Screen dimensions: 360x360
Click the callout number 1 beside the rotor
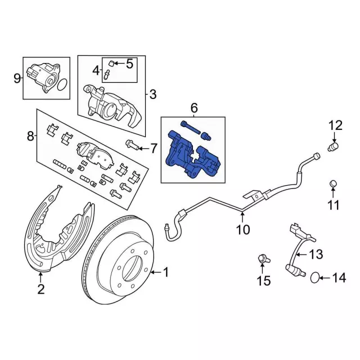[165, 272]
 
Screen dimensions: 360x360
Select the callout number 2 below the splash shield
[40, 290]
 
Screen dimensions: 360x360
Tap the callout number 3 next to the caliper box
[152, 94]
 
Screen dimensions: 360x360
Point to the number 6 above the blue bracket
[194, 107]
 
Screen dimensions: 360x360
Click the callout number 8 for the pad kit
[30, 136]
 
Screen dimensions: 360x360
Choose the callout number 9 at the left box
[17, 77]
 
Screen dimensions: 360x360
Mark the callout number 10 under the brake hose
[242, 229]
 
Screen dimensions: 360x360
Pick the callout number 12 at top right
[335, 125]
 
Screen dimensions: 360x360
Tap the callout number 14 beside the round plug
[338, 277]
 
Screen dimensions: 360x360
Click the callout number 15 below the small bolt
[263, 281]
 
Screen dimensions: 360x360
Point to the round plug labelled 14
[317, 277]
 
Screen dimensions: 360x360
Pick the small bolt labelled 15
[262, 259]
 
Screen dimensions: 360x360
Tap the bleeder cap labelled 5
[112, 63]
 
